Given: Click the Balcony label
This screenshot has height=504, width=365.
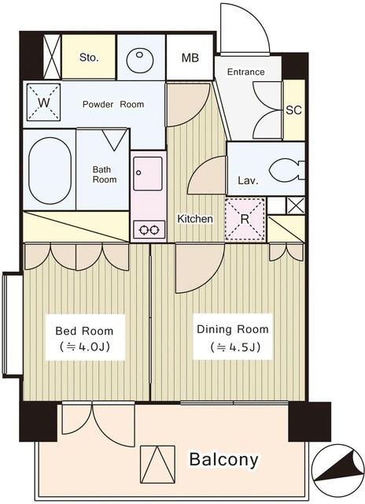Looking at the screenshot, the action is click(223, 460).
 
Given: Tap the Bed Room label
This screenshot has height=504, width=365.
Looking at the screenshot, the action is click(84, 331).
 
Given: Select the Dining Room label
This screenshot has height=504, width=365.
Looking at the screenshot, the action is click(232, 329).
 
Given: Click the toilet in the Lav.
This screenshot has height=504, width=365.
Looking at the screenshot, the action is click(286, 170).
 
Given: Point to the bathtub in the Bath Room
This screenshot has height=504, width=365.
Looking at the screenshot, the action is click(50, 170).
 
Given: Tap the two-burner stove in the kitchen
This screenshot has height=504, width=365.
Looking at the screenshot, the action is click(149, 229).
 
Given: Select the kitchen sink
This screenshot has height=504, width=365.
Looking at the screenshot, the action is click(148, 173).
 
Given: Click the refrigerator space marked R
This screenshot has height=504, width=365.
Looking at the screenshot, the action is click(245, 219).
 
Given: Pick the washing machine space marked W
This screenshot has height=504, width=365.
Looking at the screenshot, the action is click(43, 102).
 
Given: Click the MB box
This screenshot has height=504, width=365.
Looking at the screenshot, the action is click(190, 57).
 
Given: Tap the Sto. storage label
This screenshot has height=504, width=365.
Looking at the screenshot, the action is click(89, 57).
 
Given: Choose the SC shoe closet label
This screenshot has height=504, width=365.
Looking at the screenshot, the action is click(293, 110).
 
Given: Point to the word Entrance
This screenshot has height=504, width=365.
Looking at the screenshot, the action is click(246, 72).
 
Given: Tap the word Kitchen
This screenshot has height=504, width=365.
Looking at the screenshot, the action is click(195, 219).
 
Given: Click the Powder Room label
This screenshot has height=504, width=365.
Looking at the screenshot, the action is click(113, 104).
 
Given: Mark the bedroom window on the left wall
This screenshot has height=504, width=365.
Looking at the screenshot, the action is click(12, 324).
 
